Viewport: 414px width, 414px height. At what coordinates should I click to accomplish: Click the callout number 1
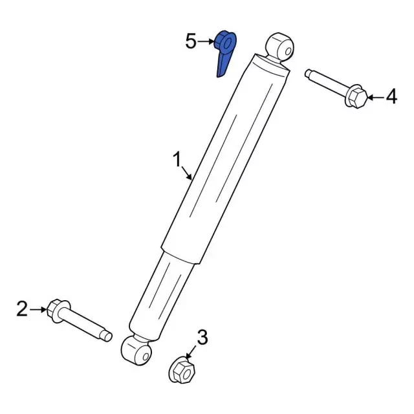click(x=178, y=159)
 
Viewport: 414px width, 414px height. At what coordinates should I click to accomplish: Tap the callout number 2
click(x=22, y=309)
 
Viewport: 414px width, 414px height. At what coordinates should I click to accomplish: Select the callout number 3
click(x=202, y=338)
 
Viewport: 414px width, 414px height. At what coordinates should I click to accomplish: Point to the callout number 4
click(x=391, y=96)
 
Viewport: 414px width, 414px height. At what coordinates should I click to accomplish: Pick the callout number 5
click(x=191, y=41)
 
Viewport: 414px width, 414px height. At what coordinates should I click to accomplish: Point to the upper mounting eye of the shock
click(x=279, y=47)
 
